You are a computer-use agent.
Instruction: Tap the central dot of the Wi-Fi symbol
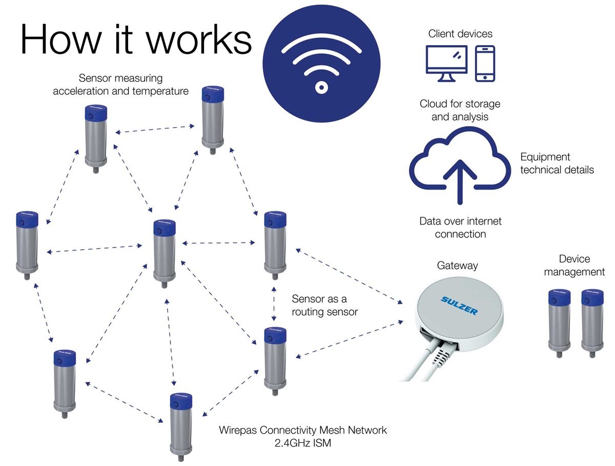point(321,88)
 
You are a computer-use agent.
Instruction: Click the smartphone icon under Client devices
point(485,63)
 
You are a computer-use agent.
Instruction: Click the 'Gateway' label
point(457,266)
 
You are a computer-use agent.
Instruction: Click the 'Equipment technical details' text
point(557,163)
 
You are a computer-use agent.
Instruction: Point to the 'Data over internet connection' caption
point(460,228)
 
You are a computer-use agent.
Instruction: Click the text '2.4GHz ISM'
point(303,443)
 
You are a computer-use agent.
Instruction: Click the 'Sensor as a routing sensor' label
point(324,305)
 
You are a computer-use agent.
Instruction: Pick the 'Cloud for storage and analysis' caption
point(460,110)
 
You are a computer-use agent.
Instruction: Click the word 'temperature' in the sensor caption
point(159,91)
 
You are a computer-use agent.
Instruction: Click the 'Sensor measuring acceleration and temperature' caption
point(120,85)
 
